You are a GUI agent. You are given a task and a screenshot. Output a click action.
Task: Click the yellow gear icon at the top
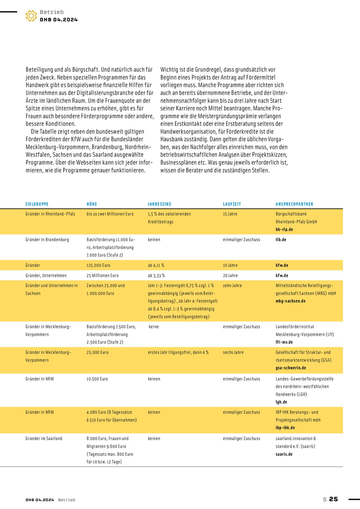click(31, 16)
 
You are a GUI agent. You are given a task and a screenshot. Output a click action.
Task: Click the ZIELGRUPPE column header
click(37, 204)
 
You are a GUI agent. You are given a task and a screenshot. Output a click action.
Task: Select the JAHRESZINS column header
click(159, 204)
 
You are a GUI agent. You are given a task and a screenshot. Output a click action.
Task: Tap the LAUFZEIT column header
click(232, 204)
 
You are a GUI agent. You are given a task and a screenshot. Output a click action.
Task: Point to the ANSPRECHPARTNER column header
click(294, 204)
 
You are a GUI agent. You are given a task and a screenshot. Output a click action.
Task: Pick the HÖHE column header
click(92, 204)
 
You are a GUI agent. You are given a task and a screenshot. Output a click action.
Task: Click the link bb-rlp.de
click(284, 229)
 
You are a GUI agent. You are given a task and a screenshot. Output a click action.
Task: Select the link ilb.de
click(281, 240)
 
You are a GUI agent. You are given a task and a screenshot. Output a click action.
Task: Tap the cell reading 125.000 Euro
click(98, 265)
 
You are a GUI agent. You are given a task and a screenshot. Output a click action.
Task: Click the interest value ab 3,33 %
click(156, 276)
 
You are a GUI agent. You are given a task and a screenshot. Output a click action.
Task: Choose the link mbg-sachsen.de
click(290, 301)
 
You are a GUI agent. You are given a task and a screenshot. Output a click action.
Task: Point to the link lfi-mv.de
click(284, 342)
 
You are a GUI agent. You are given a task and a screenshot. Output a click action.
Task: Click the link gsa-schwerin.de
click(291, 368)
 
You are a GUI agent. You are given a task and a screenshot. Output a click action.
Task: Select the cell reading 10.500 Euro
click(97, 379)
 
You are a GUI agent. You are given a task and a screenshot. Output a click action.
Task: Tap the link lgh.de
click(281, 402)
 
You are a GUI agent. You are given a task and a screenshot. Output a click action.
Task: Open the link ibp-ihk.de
click(285, 428)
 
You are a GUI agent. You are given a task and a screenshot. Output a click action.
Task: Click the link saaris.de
click(284, 454)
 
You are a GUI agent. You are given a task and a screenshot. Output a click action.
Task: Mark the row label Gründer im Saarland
click(44, 439)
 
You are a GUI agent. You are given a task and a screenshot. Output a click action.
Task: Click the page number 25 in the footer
click(333, 499)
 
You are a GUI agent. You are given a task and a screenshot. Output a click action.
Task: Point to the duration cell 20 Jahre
click(230, 276)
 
